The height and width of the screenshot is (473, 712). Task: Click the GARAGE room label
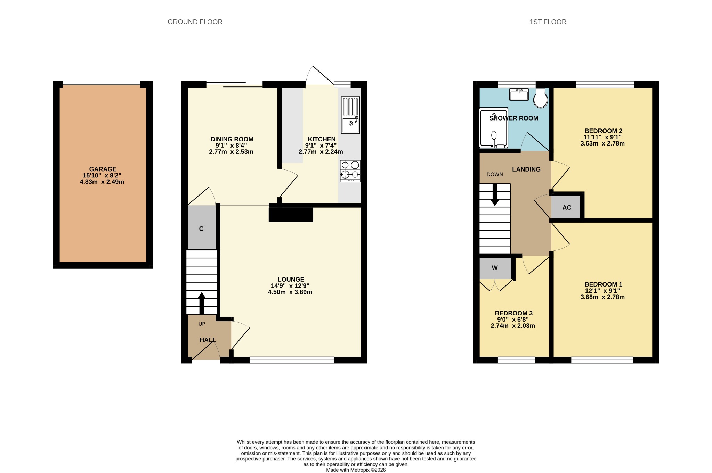tap(103, 169)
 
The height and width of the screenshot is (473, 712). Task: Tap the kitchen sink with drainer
tap(350, 115)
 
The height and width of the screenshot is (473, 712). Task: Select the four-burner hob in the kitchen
tap(350, 171)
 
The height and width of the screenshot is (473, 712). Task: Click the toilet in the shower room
tap(541, 98)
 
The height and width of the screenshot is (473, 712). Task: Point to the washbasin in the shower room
tap(519, 94)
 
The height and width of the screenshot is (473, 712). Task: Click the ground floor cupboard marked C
tap(202, 227)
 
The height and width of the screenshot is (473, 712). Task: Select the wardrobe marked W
tap(495, 268)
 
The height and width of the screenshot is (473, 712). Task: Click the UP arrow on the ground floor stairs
tap(202, 304)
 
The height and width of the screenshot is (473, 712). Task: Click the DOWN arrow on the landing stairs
tap(495, 194)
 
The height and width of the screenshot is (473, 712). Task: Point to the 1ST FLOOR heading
tap(548, 22)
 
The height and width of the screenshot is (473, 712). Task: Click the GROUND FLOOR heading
tap(195, 22)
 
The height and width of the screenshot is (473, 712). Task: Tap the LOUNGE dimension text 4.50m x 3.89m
tap(290, 292)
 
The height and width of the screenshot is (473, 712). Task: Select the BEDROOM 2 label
tap(603, 131)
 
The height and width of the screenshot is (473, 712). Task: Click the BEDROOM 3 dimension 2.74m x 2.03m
tap(513, 326)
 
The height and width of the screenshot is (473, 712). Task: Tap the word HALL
tap(208, 340)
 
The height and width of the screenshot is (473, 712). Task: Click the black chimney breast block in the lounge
tap(291, 215)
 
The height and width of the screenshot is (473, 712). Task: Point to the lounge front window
tap(292, 360)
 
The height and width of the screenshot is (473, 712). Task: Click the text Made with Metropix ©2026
tap(356, 470)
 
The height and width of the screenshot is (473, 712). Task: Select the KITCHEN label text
tap(322, 139)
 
